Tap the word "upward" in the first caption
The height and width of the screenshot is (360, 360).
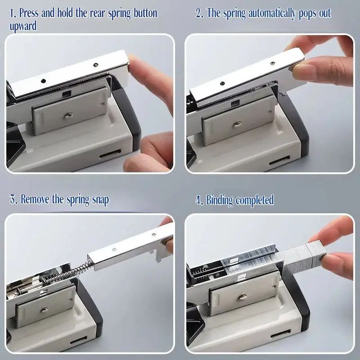click(x=23, y=26)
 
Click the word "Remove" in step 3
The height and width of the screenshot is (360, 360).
click(x=35, y=199)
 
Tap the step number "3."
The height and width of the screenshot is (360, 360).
click(x=13, y=199)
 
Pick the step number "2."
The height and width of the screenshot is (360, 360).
click(x=199, y=13)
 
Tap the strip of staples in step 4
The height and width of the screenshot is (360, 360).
click(x=279, y=258)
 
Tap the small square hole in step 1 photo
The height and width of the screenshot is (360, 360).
click(x=67, y=94)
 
